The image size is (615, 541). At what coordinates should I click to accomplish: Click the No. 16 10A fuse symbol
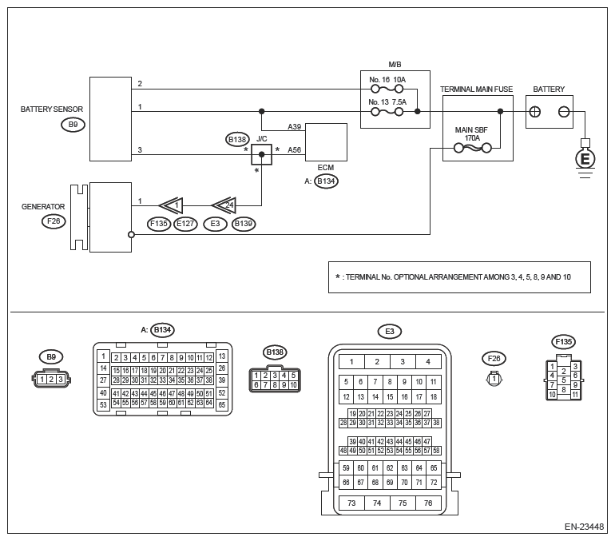point(387,89)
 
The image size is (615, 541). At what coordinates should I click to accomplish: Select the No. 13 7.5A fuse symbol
point(387,112)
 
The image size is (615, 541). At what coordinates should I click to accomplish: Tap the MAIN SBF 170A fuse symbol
point(472,149)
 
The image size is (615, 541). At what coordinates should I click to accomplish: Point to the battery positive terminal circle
point(534,112)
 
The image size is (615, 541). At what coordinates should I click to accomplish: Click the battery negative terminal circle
point(564,112)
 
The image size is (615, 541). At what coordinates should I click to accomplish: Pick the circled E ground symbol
point(585,159)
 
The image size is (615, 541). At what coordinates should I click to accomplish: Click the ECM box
point(326,142)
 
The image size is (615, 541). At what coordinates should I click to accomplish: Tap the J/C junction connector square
point(262,154)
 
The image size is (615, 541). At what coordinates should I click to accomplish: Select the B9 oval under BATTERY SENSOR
point(73,125)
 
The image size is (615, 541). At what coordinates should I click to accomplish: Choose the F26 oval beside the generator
point(54,221)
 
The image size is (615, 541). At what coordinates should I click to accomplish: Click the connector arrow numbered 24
point(224,205)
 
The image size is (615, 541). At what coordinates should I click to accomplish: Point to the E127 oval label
point(185,224)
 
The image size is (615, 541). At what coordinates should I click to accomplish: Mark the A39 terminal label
point(294,127)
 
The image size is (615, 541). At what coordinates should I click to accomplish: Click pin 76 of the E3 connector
point(428,503)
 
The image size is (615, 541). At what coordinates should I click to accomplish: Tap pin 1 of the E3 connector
point(351,362)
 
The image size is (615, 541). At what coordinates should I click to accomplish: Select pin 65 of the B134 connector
point(222,404)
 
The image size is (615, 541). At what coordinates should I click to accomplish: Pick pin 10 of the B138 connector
point(293,385)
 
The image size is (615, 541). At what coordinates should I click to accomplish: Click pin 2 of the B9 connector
point(51,380)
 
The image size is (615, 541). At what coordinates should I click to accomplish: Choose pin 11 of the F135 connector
point(575,395)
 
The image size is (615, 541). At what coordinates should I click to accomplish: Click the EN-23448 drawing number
point(584,527)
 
